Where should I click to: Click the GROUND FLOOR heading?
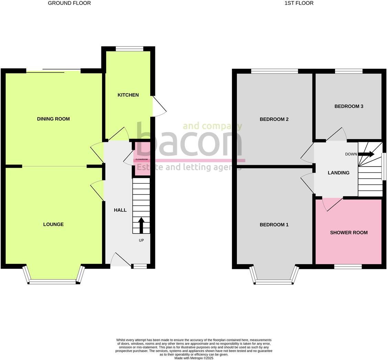coord(69,3)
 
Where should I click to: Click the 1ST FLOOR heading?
coord(299,3)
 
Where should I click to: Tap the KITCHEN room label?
coord(128,95)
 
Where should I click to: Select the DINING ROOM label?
coord(53,119)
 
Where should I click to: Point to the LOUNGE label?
coord(53,224)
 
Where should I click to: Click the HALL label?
coord(120,210)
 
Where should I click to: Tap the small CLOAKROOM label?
coord(142,159)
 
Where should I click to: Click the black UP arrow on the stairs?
coord(141,225)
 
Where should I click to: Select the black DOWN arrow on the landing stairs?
coord(366,154)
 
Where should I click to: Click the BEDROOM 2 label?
coord(274,119)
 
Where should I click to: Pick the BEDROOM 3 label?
coord(349,106)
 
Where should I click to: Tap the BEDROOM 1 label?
coord(274,225)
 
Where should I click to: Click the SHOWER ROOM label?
coord(349,233)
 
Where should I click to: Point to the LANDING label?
coord(339,173)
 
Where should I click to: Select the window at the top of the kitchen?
coord(129,49)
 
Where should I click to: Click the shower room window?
coord(348,267)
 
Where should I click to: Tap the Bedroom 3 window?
coord(348,71)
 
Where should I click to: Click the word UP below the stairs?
coord(141,240)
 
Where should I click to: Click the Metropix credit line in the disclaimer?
coord(194,358)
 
